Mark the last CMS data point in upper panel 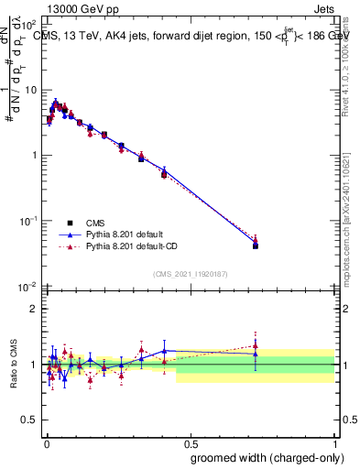pyautogui.click(x=256, y=245)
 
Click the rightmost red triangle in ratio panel pyautogui.click(x=256, y=345)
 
